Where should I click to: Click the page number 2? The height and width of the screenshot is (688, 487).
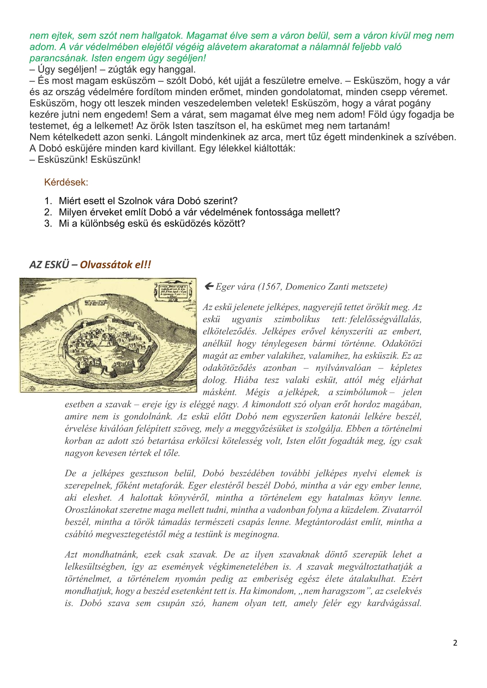(455, 643)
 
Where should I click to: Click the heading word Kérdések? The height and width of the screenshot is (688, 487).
(66, 182)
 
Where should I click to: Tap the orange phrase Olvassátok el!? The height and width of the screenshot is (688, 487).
(116, 264)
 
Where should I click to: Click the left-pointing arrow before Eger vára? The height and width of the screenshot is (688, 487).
(209, 286)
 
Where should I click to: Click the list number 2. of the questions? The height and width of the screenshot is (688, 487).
(48, 212)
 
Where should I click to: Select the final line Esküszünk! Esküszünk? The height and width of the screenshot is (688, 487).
(85, 160)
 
